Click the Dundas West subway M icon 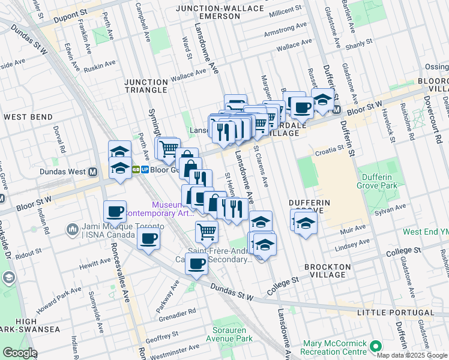[x=93, y=171]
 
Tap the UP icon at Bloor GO [x=145, y=170]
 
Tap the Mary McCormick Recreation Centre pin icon [x=376, y=346]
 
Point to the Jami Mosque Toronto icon [x=73, y=229]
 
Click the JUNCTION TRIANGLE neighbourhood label [x=146, y=86]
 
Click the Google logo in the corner [x=20, y=353]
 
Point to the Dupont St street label [x=84, y=11]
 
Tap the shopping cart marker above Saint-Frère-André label [x=206, y=231]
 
